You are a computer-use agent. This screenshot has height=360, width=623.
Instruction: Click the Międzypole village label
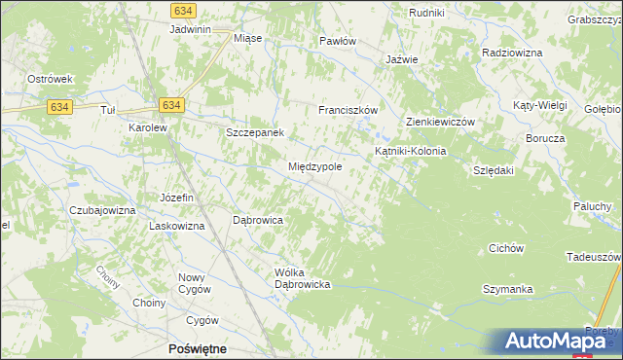(x=314, y=167)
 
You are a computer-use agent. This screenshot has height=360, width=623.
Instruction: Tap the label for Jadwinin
(x=190, y=30)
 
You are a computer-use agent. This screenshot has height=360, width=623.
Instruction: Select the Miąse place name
(x=248, y=39)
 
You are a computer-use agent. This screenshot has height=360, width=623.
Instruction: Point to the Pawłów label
(x=339, y=42)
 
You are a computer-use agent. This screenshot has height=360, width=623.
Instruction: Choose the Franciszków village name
(x=348, y=111)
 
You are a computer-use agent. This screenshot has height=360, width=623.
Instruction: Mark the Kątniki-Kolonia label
(x=411, y=152)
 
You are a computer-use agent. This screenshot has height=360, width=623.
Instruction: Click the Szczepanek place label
(x=254, y=132)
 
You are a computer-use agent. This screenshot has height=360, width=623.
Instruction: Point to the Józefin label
(x=178, y=198)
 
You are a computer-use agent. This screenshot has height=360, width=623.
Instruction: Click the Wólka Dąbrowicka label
(x=305, y=278)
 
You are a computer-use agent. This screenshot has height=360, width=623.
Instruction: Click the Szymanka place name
(x=508, y=290)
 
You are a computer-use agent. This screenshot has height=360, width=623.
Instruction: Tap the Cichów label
(x=506, y=248)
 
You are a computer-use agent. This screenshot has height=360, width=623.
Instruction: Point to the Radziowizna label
(x=510, y=52)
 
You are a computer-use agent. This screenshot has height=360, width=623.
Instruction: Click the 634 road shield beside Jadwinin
(x=180, y=9)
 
